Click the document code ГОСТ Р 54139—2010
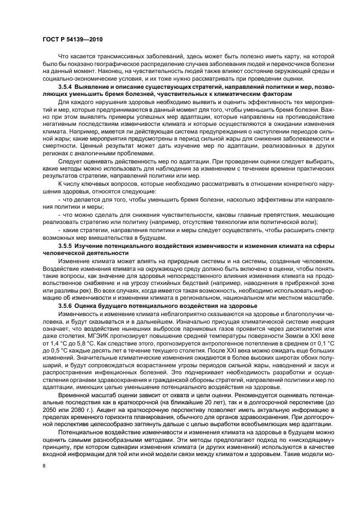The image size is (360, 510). coord(72,40)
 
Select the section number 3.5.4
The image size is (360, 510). coord(67,87)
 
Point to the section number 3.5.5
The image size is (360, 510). coord(67,247)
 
